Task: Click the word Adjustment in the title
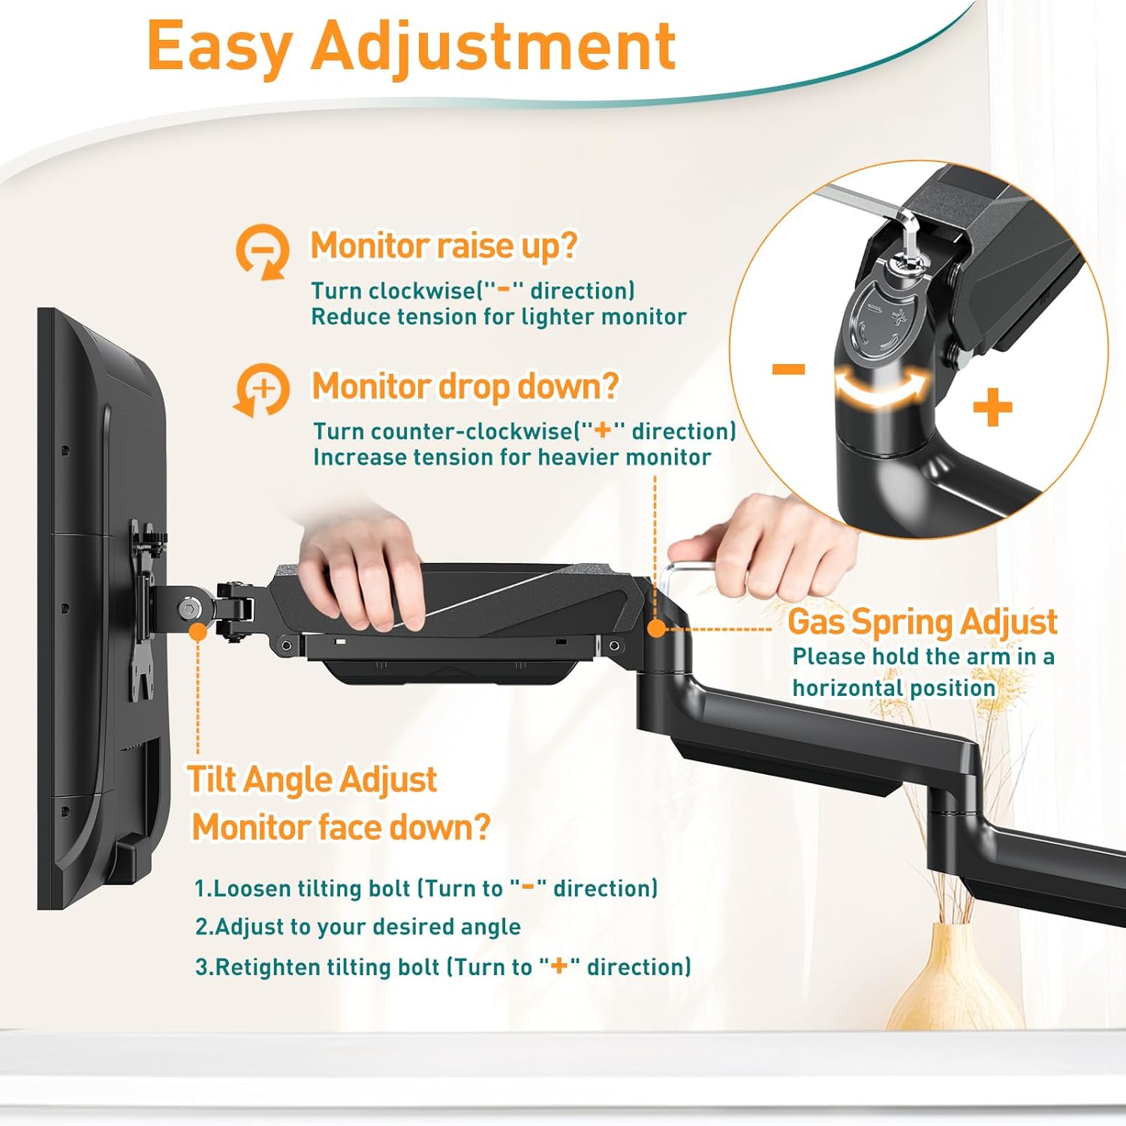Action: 494,46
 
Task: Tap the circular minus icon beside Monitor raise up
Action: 262,251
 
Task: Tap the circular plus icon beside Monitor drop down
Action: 262,390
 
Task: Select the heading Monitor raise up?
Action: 444,245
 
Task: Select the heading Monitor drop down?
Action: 465,387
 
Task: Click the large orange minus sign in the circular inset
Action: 788,369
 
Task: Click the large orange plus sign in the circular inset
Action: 992,409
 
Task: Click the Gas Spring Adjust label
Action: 923,622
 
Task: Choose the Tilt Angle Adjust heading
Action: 312,779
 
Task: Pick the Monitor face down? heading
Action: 341,827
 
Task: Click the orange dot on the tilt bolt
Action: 198,631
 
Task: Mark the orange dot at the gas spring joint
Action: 656,628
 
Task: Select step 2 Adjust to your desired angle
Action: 358,927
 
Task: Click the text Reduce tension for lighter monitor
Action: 498,317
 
